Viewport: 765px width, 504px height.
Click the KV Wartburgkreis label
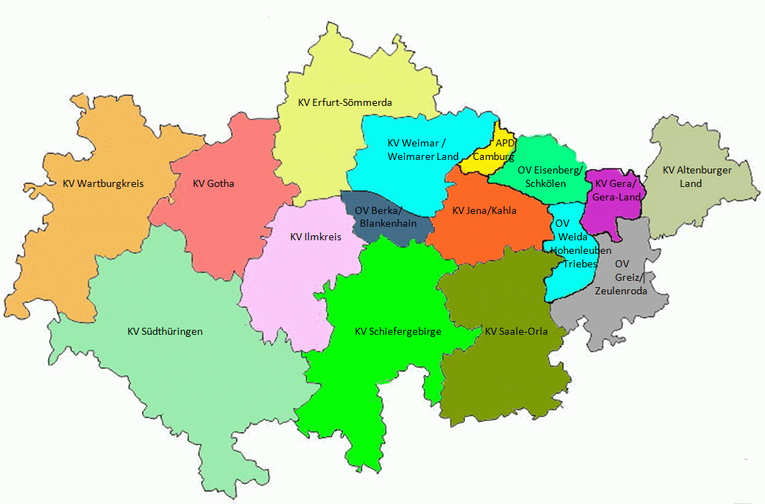click(x=103, y=183)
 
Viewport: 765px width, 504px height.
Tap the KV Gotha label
click(x=213, y=183)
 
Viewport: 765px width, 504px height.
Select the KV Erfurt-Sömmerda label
click(x=345, y=103)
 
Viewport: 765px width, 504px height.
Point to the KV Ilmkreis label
click(x=316, y=237)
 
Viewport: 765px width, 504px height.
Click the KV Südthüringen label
click(x=165, y=331)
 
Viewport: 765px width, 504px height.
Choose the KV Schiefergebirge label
click(x=398, y=331)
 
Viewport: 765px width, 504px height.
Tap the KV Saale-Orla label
click(x=516, y=331)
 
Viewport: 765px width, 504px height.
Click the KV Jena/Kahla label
click(x=484, y=210)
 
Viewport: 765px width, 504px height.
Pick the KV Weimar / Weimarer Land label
click(x=417, y=149)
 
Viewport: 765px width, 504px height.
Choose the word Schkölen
click(x=545, y=183)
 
